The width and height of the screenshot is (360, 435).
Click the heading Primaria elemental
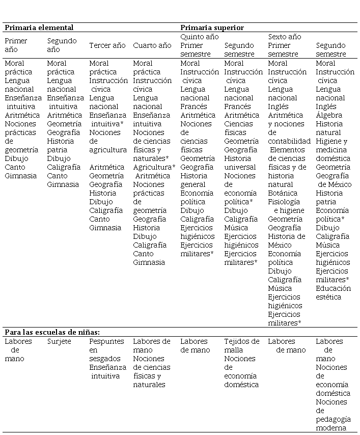click(39, 28)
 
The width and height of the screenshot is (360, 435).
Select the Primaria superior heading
click(212, 28)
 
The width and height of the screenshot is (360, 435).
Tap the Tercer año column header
click(107, 45)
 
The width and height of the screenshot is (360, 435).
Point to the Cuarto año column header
click(152, 45)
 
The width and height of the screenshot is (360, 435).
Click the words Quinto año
click(200, 37)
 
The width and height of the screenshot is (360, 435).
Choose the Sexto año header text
click(285, 37)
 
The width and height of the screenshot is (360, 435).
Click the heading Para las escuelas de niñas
click(52, 332)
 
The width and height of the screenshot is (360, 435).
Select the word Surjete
click(59, 341)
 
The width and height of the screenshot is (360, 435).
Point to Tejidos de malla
click(241, 345)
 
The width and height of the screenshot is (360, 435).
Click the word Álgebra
click(329, 115)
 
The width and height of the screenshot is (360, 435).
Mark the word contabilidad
click(289, 141)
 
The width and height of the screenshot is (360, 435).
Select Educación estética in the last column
click(333, 292)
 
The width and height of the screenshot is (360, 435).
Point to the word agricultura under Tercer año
click(108, 150)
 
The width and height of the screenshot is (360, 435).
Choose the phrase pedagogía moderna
click(333, 423)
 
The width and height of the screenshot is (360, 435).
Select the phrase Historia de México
click(287, 240)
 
